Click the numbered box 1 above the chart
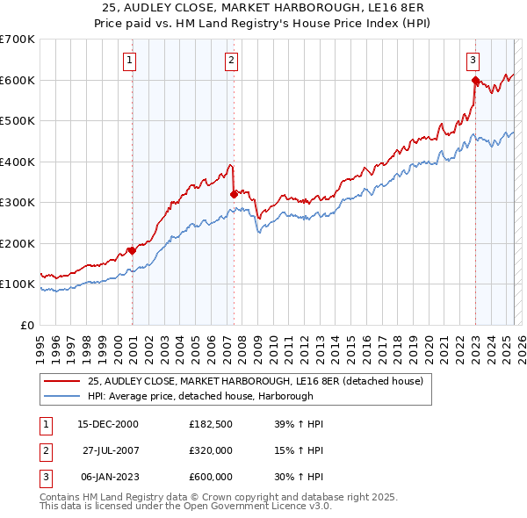click(x=129, y=61)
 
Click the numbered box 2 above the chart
click(x=231, y=61)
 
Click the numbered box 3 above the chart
click(x=473, y=61)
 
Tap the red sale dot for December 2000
click(x=132, y=250)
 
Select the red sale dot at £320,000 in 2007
click(x=234, y=194)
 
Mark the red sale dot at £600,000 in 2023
click(x=475, y=81)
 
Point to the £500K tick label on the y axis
click(x=18, y=121)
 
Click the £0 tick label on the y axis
click(x=26, y=325)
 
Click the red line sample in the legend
click(x=62, y=381)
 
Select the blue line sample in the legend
click(x=62, y=395)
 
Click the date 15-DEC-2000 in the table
click(x=108, y=424)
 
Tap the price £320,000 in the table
click(x=211, y=450)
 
